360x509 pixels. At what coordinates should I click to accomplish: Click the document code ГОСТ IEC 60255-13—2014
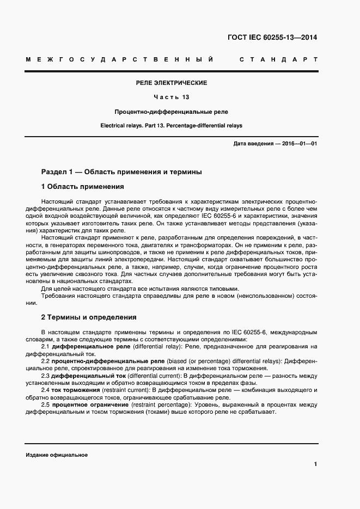coord(272,38)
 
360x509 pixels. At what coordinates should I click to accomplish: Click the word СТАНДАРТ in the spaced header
coord(278,59)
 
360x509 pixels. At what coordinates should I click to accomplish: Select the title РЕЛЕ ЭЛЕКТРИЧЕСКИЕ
coord(172,83)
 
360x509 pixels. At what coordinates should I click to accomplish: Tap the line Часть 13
coord(171,97)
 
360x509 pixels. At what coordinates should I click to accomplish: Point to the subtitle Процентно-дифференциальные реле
coord(171,112)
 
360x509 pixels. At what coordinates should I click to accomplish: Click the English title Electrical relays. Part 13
coord(171,125)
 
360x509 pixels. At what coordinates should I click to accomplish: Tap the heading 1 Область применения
coord(82,187)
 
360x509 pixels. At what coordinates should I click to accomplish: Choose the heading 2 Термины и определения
coord(89,317)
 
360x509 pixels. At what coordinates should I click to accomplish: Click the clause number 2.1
coord(46,346)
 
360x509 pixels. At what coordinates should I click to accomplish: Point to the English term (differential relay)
coord(157,346)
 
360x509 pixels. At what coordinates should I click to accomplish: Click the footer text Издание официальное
coord(57,455)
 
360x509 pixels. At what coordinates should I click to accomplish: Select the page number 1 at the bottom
coord(316,464)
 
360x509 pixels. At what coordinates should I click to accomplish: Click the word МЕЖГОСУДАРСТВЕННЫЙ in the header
coord(119,59)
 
